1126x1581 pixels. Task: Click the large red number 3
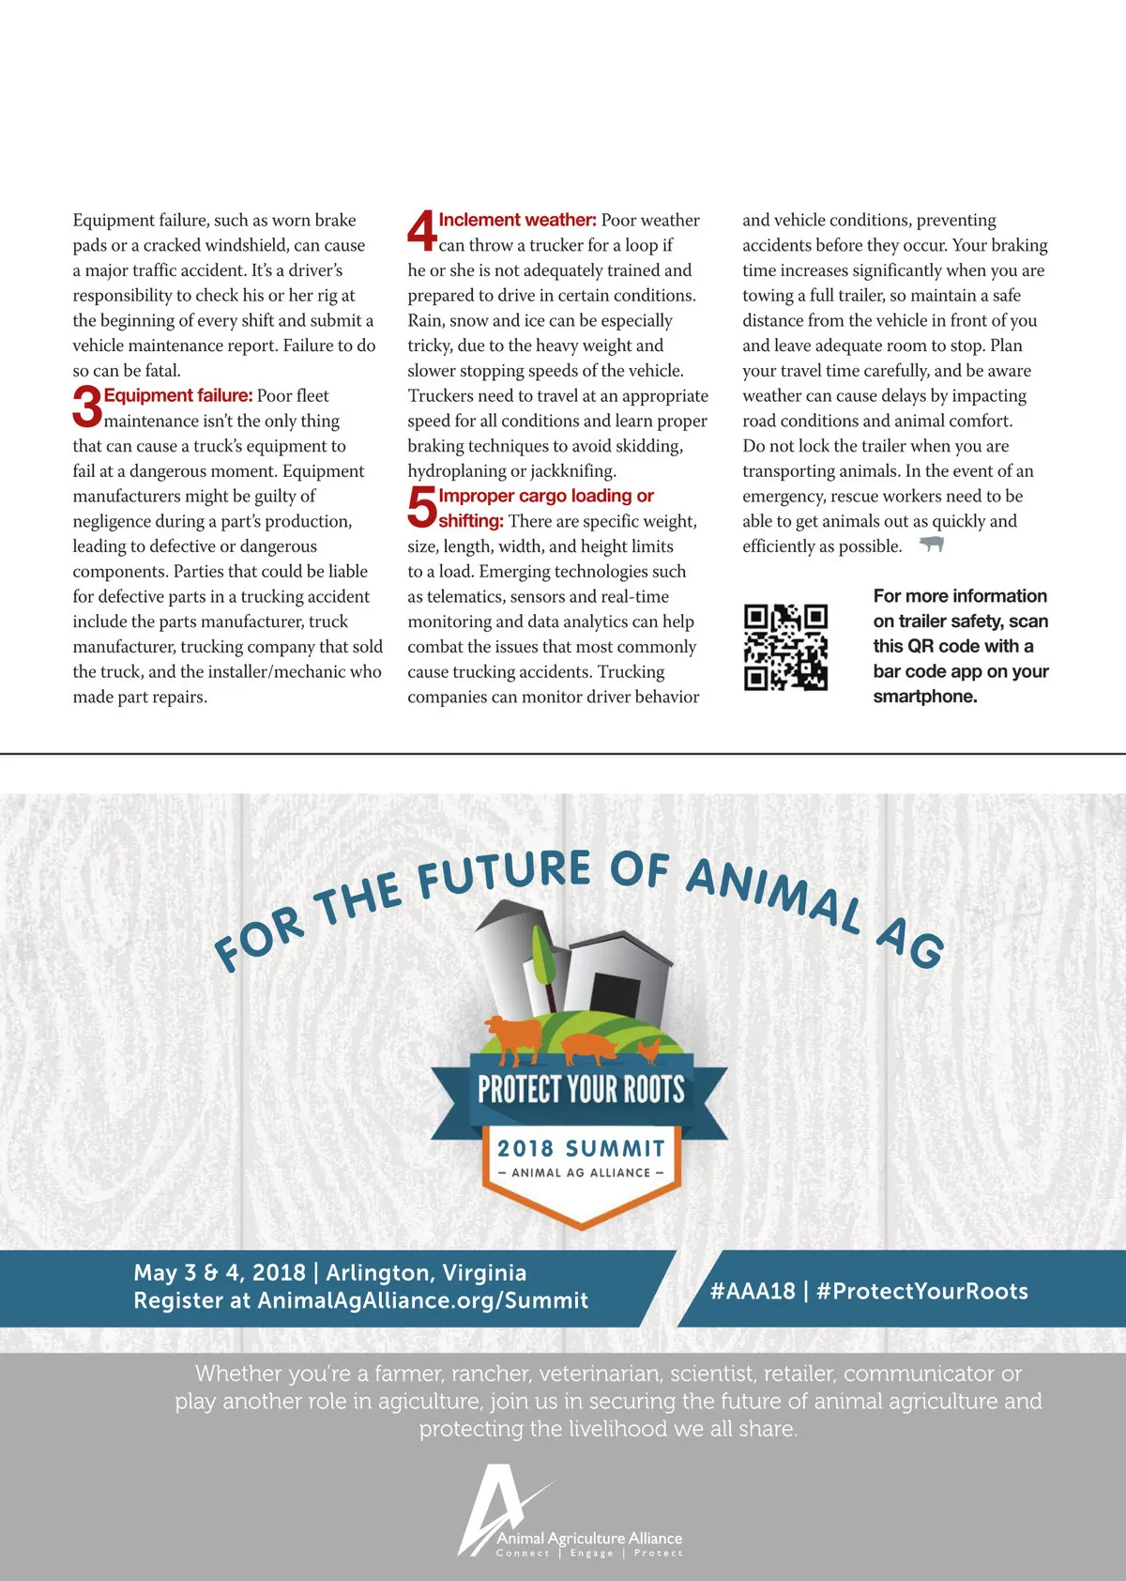click(86, 407)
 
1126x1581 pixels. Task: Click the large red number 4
click(421, 231)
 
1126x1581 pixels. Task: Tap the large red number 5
click(421, 507)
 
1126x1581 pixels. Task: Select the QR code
click(785, 648)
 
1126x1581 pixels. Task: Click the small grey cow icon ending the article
click(931, 545)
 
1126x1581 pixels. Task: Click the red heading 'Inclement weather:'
click(517, 220)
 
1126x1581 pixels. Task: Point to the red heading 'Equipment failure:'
click(178, 395)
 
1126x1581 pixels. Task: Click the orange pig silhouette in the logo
click(588, 1045)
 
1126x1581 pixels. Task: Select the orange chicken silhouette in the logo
click(648, 1049)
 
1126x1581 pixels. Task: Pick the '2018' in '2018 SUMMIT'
click(525, 1148)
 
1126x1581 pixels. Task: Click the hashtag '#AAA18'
click(753, 1291)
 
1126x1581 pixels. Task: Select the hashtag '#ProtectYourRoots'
click(922, 1291)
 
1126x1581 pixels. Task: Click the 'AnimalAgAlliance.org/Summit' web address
click(422, 1300)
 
